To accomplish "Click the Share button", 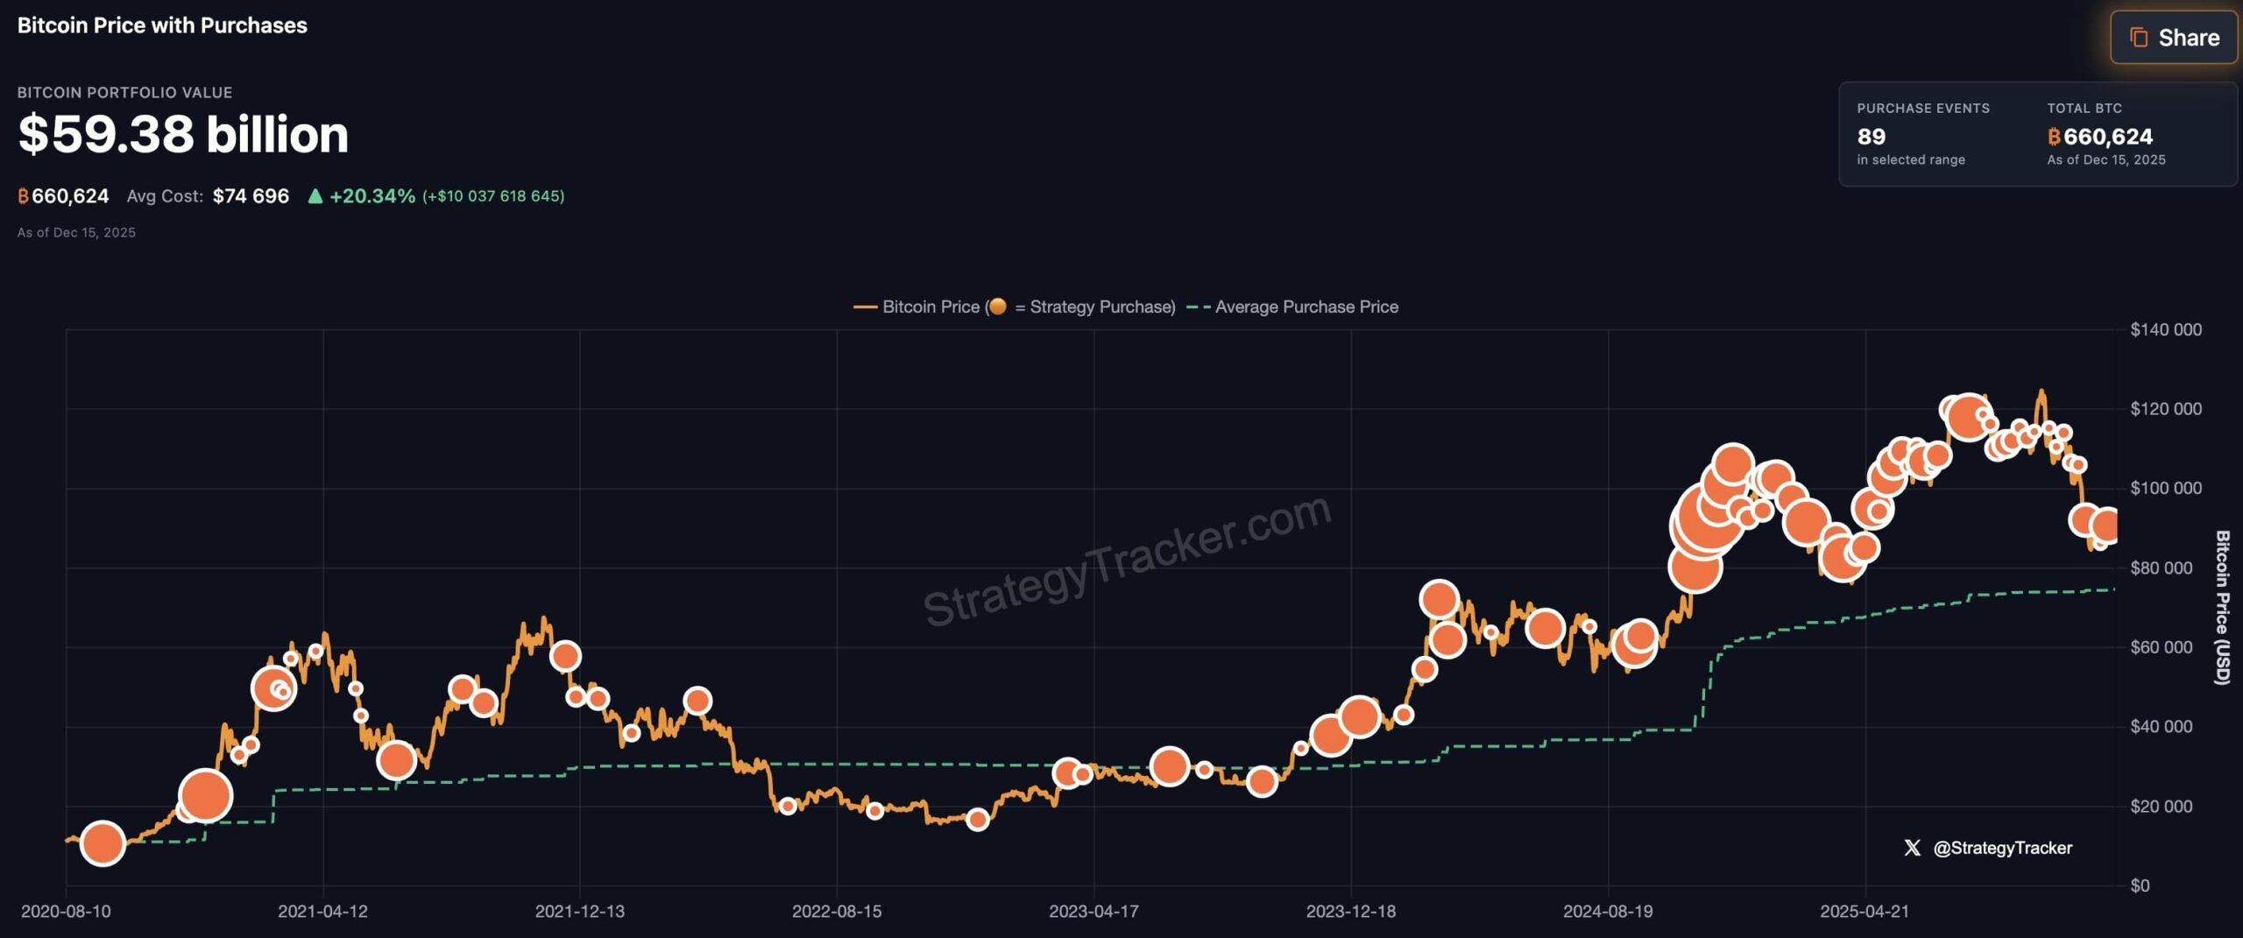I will click(x=2174, y=38).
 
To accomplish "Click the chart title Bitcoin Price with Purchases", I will click(x=162, y=25).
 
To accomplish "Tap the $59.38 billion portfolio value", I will click(x=183, y=134).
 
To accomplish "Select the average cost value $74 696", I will click(x=251, y=196).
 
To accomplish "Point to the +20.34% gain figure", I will click(x=371, y=196).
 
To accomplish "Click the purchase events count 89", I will click(x=1871, y=137).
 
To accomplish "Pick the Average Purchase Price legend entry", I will click(x=1305, y=307).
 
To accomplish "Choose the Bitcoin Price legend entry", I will click(x=930, y=307).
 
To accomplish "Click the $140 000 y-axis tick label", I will click(x=2165, y=330).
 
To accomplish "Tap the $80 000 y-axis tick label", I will click(x=2161, y=568).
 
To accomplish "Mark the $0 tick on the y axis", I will click(x=2140, y=886).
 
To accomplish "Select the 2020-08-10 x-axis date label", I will click(x=66, y=912).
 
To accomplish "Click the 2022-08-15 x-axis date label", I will click(x=837, y=912).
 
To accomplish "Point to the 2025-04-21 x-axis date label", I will click(x=1864, y=912).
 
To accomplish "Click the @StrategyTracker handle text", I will click(x=2002, y=848).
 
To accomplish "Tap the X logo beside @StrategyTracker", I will click(x=1912, y=848).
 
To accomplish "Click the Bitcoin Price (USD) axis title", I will click(x=2222, y=607).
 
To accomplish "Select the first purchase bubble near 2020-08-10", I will click(x=103, y=843).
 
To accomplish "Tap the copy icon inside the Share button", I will click(x=2139, y=38).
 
